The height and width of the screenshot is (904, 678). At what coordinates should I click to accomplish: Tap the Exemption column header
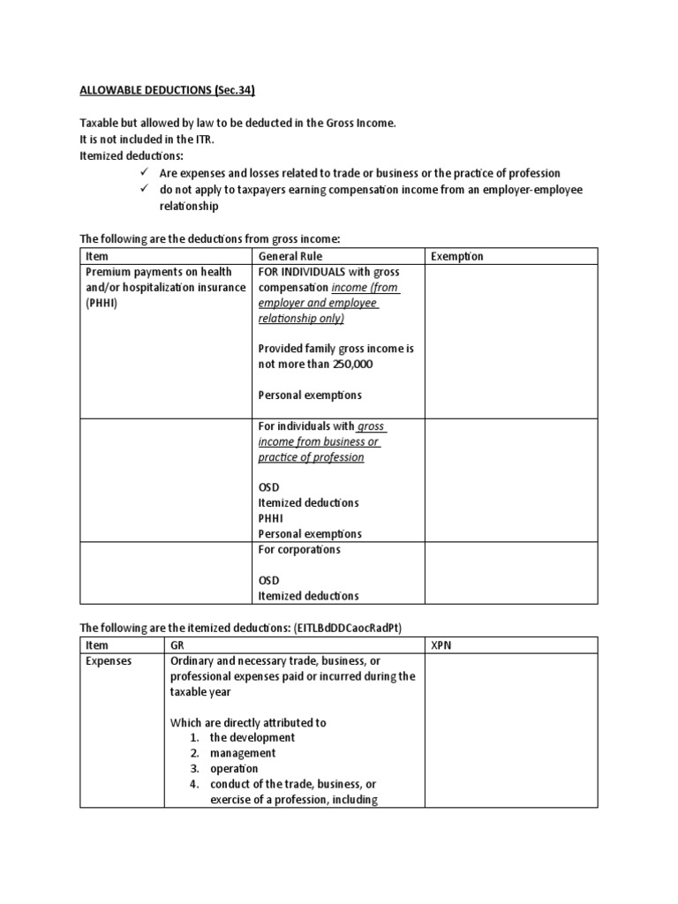(457, 256)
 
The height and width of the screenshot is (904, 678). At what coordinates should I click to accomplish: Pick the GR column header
(178, 645)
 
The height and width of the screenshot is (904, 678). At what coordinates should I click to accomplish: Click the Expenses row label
(109, 660)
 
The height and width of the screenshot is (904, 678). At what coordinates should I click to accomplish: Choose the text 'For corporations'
(299, 549)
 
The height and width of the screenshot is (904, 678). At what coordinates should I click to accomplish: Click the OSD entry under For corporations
(269, 580)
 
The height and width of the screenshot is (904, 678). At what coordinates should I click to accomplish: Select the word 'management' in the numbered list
(243, 753)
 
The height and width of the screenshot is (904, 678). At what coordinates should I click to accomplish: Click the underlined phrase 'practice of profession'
(311, 457)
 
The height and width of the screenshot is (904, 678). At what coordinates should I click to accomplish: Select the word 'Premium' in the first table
(109, 272)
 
